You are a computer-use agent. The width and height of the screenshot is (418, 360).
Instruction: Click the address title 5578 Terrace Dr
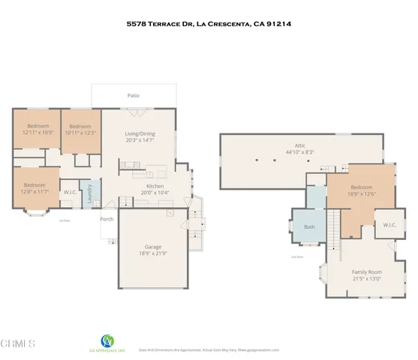209,23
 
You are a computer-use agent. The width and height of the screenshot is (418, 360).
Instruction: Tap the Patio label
133,95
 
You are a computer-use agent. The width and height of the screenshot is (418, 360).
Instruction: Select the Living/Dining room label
140,133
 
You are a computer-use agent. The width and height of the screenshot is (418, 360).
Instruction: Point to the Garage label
154,246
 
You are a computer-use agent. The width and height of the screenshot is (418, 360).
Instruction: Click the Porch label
107,219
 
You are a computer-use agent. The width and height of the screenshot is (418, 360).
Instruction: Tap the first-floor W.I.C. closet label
70,192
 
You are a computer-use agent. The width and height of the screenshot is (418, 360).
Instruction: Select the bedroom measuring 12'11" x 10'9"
37,129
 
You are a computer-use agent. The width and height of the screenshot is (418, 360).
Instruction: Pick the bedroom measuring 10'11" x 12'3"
80,130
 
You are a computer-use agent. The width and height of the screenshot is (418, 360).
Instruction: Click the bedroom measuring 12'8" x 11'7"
35,188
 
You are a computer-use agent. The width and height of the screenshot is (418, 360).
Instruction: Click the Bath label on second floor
308,226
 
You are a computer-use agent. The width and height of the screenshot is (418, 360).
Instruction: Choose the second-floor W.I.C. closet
389,225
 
